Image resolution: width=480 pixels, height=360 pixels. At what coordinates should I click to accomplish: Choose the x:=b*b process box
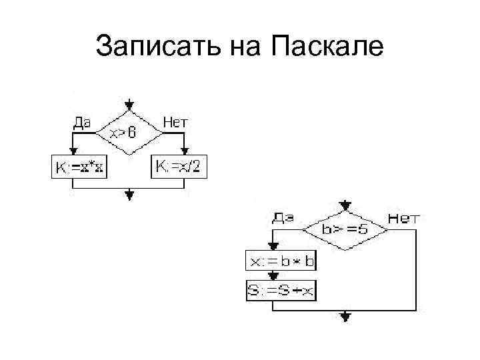(x=281, y=261)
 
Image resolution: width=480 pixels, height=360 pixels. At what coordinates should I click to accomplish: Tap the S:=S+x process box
(x=281, y=290)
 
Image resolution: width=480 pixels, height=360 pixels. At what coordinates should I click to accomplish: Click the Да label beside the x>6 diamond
(x=82, y=122)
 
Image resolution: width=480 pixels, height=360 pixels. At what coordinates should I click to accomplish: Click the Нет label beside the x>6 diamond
(x=175, y=122)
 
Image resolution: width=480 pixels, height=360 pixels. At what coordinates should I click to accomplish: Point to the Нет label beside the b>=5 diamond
(x=403, y=217)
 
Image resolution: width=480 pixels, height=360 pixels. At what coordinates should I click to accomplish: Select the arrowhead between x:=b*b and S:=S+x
(x=272, y=277)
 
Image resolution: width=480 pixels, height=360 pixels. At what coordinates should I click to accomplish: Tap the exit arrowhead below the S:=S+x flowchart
(x=345, y=317)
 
